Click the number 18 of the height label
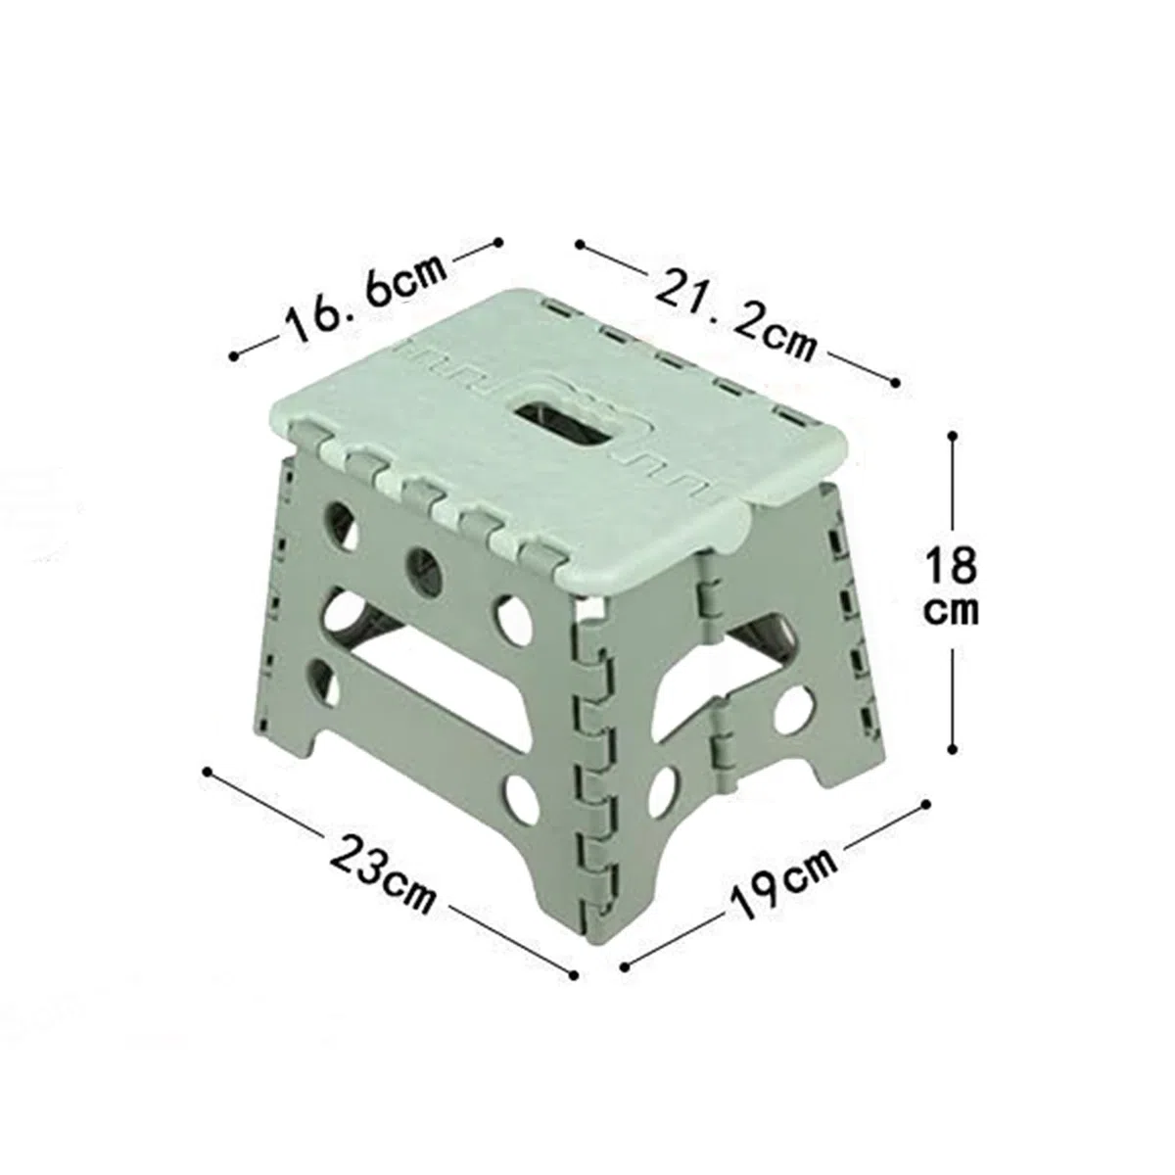(x=951, y=565)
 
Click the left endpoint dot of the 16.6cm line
(x=235, y=356)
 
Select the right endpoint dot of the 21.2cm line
(x=895, y=382)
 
